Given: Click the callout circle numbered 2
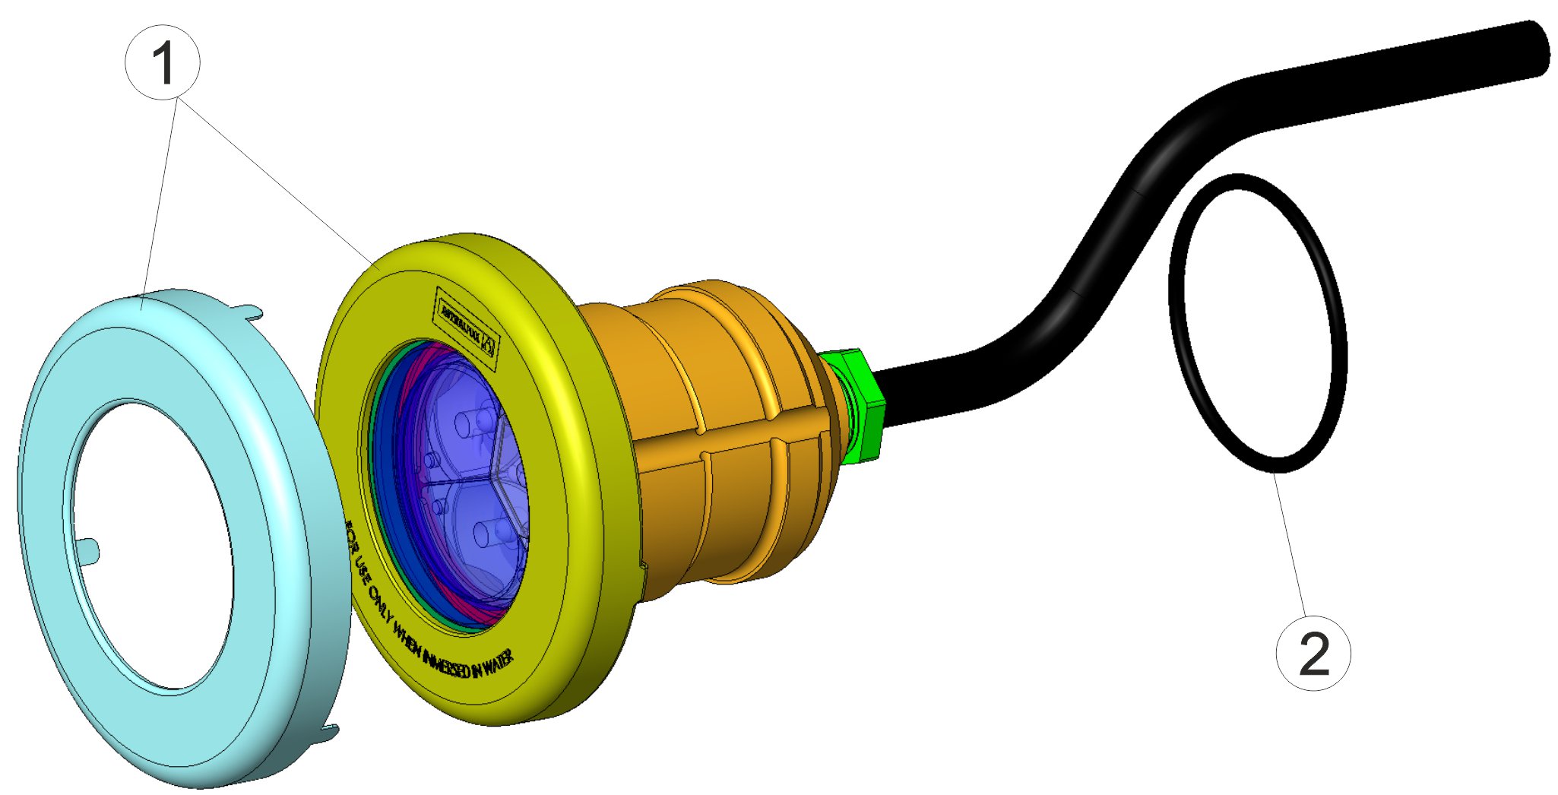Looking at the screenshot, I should pos(1313,653).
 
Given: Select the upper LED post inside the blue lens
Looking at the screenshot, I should pos(465,422).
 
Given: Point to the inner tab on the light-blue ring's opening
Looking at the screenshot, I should pos(90,546).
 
